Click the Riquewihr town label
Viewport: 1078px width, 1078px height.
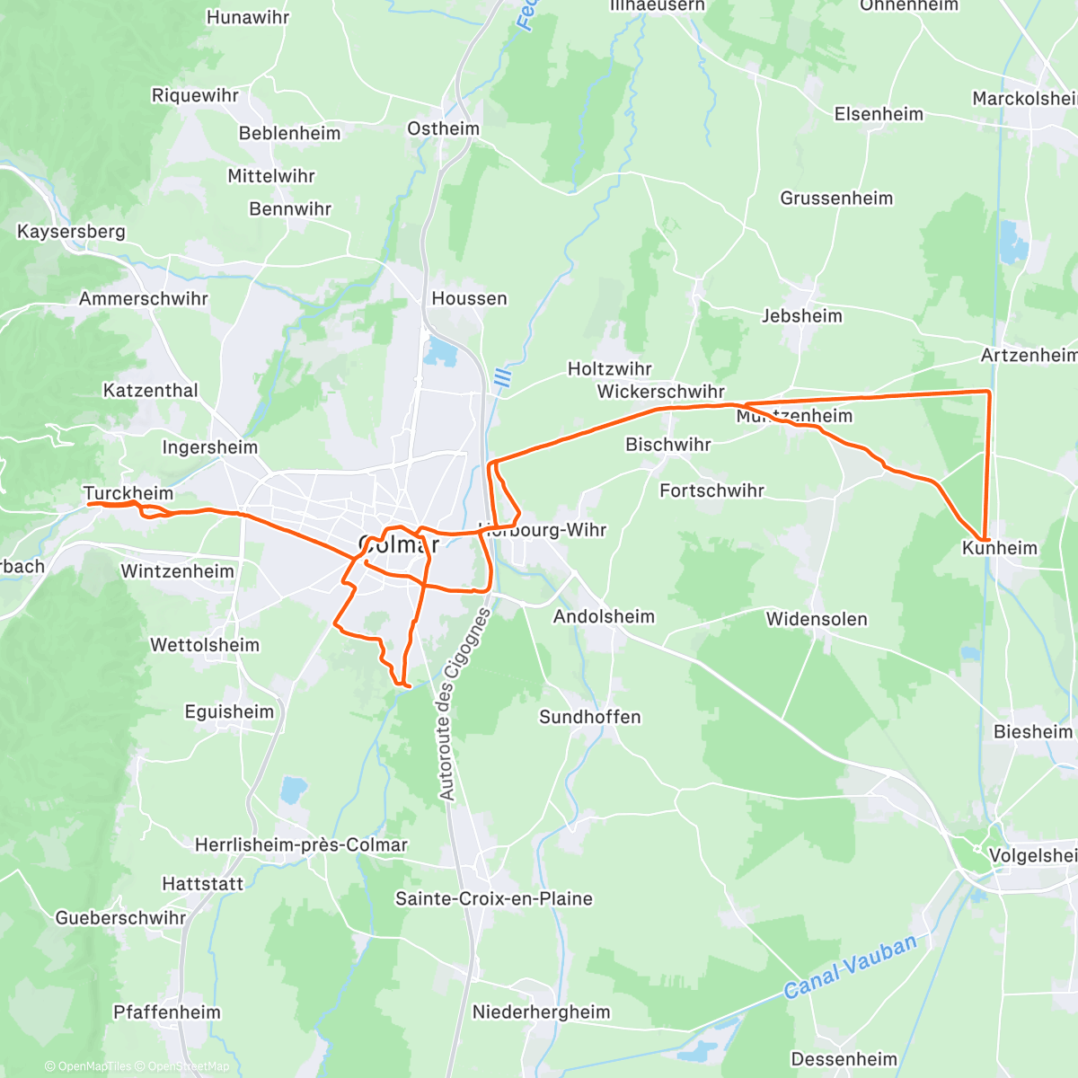pos(195,95)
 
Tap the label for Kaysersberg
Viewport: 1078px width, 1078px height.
pos(71,232)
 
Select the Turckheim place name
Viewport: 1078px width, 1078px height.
pos(128,493)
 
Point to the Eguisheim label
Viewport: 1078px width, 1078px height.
pos(229,712)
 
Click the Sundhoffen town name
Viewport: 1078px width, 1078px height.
pos(590,717)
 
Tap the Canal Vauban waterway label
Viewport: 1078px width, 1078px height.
pos(850,967)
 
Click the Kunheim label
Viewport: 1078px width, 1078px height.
pos(999,548)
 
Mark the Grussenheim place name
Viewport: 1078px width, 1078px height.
pos(836,199)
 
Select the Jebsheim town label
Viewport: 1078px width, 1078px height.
pos(802,316)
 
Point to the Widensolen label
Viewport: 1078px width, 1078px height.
pos(817,619)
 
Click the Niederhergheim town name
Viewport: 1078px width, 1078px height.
pos(542,1012)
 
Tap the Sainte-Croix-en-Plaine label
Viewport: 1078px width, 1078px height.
pos(494,898)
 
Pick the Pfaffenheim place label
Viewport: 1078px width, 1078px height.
pos(167,1012)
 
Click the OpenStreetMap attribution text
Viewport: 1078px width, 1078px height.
pos(188,1066)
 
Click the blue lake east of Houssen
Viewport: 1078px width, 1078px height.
pos(441,351)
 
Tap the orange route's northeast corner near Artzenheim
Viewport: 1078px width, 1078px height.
pos(989,392)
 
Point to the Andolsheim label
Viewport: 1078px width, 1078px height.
pos(604,616)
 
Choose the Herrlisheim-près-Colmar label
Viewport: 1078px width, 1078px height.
pos(301,845)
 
